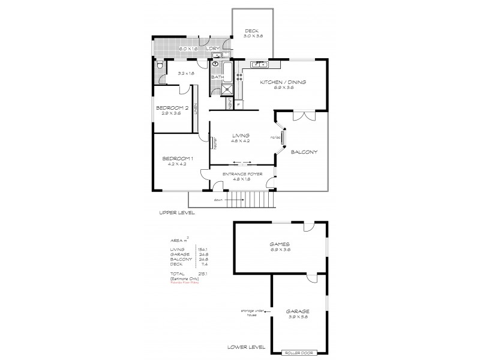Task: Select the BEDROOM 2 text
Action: tap(168, 107)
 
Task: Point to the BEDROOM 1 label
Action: tap(175, 158)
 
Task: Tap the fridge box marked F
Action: tap(239, 104)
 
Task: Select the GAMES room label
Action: tap(280, 244)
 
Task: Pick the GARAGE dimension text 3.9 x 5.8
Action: tap(298, 317)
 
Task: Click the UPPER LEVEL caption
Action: tap(177, 212)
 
